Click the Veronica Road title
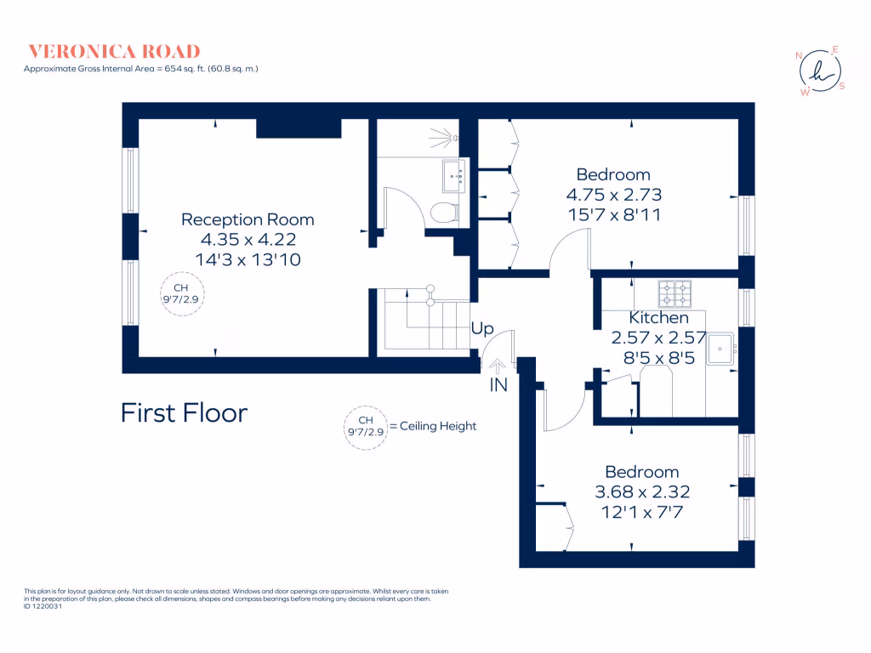pos(115,51)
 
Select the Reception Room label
pos(248,219)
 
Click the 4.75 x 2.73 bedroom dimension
pos(613,195)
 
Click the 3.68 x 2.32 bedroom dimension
pos(641,491)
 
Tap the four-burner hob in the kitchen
pos(675,293)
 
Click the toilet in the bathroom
pos(443,213)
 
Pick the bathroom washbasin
pos(453,177)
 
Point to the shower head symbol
pos(446,136)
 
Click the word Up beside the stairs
pos(482,328)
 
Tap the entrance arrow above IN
pos(497,364)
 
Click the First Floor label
pos(184,413)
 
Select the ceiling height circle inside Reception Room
pos(185,294)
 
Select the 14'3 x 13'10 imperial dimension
pos(248,259)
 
